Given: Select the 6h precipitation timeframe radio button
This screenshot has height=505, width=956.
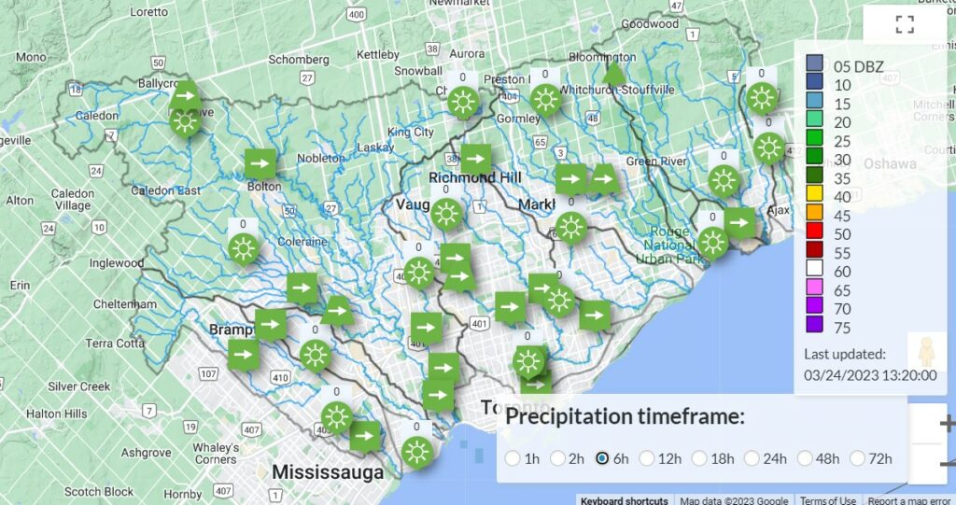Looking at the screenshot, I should [602, 458].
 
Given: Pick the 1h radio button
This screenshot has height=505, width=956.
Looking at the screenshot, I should [513, 458].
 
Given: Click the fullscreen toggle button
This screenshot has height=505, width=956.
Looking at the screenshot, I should [904, 25].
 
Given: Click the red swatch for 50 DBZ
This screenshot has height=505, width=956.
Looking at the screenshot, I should [814, 234].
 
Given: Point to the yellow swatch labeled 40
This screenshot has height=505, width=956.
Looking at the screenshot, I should [814, 197].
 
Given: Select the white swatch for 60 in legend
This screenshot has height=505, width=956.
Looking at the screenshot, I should [814, 272].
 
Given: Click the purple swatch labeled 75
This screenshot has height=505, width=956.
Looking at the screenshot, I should [814, 327].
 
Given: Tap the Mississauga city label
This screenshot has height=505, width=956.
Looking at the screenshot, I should [328, 472].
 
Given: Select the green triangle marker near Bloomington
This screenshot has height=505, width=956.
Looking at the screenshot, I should [613, 72].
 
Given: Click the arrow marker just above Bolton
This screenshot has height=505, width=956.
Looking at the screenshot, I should [260, 163].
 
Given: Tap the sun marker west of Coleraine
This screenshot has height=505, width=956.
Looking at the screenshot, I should [244, 248].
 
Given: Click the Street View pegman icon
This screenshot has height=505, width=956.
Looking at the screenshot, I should [925, 353].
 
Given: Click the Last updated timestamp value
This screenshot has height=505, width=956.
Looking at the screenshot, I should [870, 375].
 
